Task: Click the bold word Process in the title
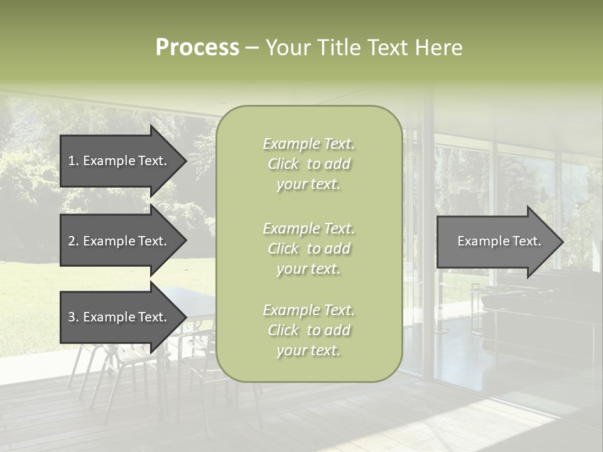coord(197,48)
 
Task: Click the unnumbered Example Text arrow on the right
coord(499,242)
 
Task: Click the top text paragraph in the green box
coord(309,164)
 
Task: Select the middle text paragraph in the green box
coord(309,249)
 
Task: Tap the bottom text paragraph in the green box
coord(309,330)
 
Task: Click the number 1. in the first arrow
coord(73,161)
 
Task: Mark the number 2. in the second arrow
coord(73,241)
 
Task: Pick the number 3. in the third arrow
coord(73,317)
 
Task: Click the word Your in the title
coord(288,48)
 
